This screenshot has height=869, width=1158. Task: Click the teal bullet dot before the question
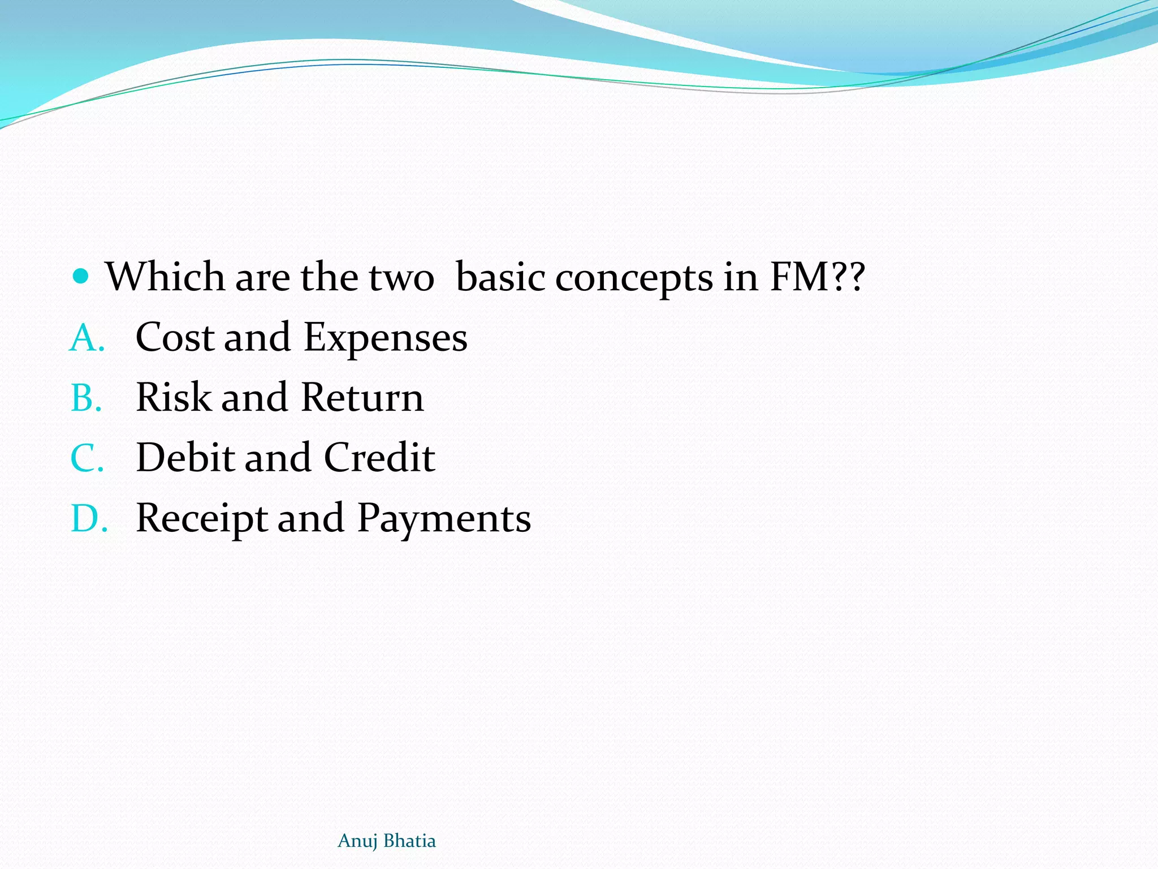[81, 276]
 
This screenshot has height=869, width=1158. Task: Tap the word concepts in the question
[634, 278]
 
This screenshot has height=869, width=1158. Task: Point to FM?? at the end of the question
[818, 277]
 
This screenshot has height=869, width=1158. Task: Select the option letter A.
[87, 338]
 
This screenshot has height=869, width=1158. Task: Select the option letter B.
[86, 398]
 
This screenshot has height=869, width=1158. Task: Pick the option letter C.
[87, 458]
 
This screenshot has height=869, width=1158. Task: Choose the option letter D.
[88, 518]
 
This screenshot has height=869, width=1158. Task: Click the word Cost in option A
[175, 338]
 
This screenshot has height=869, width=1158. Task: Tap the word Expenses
[385, 339]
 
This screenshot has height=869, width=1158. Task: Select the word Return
[362, 397]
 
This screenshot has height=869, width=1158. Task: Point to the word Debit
[185, 457]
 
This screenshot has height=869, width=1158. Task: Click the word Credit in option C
[379, 457]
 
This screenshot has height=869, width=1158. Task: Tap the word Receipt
[202, 519]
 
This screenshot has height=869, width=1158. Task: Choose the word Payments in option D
[444, 519]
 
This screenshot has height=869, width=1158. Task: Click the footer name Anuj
[357, 841]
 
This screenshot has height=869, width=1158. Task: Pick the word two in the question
[401, 278]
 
